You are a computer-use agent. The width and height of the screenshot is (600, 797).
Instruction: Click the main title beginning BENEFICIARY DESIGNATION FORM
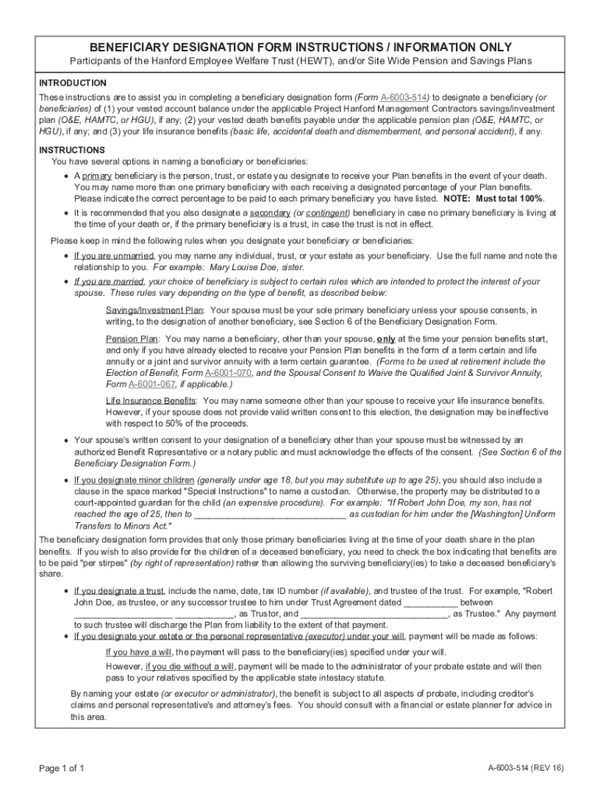point(300,47)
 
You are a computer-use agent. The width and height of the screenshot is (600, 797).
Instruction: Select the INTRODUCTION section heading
point(73,83)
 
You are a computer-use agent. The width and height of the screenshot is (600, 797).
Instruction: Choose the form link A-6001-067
point(153,384)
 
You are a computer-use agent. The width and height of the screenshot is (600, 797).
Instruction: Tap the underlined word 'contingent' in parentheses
point(327,212)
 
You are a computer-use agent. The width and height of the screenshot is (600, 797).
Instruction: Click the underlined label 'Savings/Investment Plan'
point(154,310)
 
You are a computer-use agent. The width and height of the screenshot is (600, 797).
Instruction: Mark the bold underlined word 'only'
point(386,339)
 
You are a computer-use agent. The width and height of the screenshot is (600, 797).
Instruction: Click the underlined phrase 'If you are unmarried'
point(115,256)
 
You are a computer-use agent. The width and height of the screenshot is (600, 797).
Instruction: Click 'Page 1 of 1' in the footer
point(62,768)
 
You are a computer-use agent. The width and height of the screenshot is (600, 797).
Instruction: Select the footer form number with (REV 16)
point(524,768)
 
